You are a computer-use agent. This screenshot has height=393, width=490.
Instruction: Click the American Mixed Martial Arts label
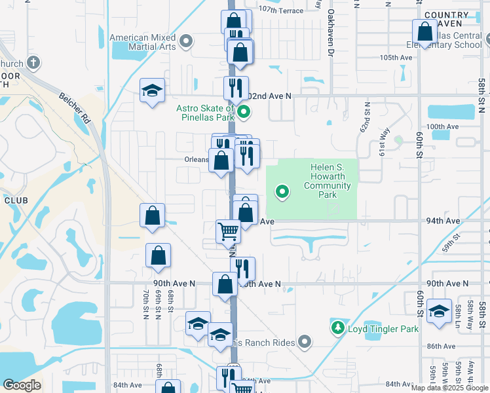point(144,42)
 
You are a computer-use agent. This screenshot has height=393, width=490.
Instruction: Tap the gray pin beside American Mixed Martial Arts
point(186,42)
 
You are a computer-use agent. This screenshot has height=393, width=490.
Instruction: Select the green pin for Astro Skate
point(244,112)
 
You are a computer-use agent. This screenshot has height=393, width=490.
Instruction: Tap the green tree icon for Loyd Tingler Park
point(338,327)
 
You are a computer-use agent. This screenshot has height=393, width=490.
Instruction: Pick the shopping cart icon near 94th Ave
point(228,231)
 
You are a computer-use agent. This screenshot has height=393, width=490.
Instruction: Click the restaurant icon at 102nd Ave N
point(236,88)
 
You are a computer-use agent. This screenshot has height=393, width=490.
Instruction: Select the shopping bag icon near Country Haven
point(425,31)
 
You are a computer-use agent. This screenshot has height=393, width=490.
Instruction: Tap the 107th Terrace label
point(280,10)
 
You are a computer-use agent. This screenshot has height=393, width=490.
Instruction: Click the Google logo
point(22,385)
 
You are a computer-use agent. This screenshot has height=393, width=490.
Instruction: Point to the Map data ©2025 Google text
point(449,388)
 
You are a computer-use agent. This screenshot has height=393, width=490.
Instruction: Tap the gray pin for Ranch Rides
point(304,341)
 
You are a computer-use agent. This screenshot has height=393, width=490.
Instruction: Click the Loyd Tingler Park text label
point(383,329)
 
